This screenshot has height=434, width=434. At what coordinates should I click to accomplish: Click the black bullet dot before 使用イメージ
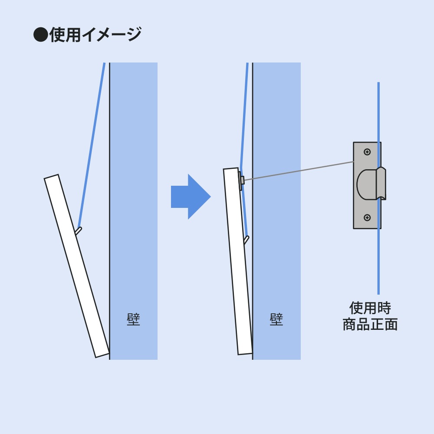tap(40, 35)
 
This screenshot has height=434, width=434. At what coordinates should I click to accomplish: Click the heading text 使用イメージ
tap(95, 35)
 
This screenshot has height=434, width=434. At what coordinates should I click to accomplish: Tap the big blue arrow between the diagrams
tap(190, 197)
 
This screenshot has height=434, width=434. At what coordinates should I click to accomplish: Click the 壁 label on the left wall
tap(133, 320)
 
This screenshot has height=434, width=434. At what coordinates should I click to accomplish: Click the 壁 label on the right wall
tap(276, 320)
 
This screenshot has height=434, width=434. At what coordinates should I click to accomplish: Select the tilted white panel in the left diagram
tap(76, 266)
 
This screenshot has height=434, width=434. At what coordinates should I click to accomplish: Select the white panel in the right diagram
tap(238, 260)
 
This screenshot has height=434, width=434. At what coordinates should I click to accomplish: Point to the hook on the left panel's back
tap(78, 230)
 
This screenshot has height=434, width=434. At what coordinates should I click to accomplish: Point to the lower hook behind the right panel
tap(246, 240)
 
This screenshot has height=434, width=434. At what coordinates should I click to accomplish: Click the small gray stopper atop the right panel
tap(242, 180)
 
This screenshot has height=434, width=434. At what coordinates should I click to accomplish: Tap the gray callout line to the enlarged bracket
tap(299, 170)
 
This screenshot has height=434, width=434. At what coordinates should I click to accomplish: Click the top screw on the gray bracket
tap(367, 152)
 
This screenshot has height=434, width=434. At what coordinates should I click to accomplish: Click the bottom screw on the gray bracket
tap(367, 217)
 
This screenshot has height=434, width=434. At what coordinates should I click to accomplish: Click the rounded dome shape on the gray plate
tap(366, 184)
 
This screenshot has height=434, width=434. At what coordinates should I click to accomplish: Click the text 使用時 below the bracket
tap(370, 308)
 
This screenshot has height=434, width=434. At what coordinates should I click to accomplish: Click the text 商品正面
tap(370, 325)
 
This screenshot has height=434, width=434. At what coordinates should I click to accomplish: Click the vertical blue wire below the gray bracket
tap(378, 260)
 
